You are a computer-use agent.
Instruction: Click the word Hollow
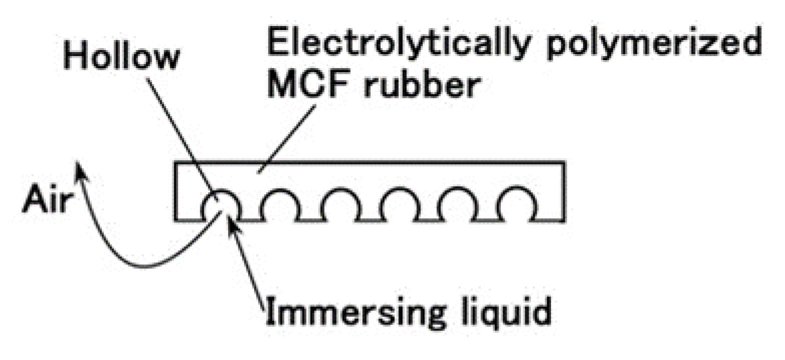(121, 57)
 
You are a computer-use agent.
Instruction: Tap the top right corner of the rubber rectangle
(565, 163)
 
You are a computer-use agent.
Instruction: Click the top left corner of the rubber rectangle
(175, 163)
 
